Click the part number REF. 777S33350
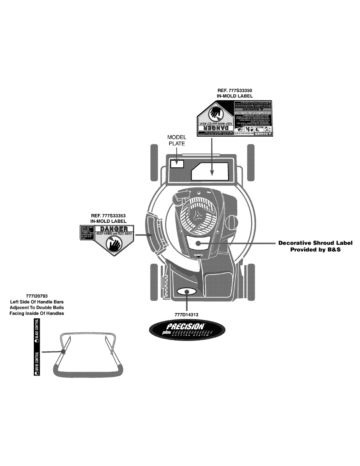click(235, 90)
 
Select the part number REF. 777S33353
click(108, 216)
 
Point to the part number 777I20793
click(37, 296)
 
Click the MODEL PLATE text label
click(177, 140)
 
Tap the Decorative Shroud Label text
click(315, 243)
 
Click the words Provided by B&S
click(315, 250)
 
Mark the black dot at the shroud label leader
click(198, 243)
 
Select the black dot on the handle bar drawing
click(63, 352)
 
